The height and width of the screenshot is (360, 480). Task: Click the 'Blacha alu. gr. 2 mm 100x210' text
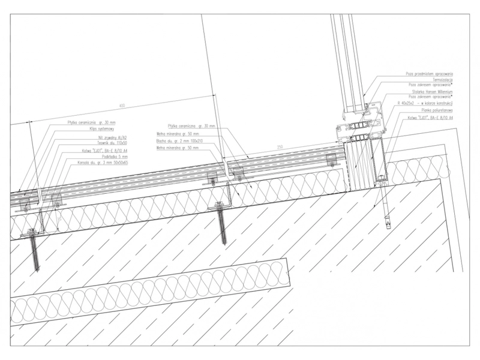178,142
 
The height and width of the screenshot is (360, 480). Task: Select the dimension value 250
280,146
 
